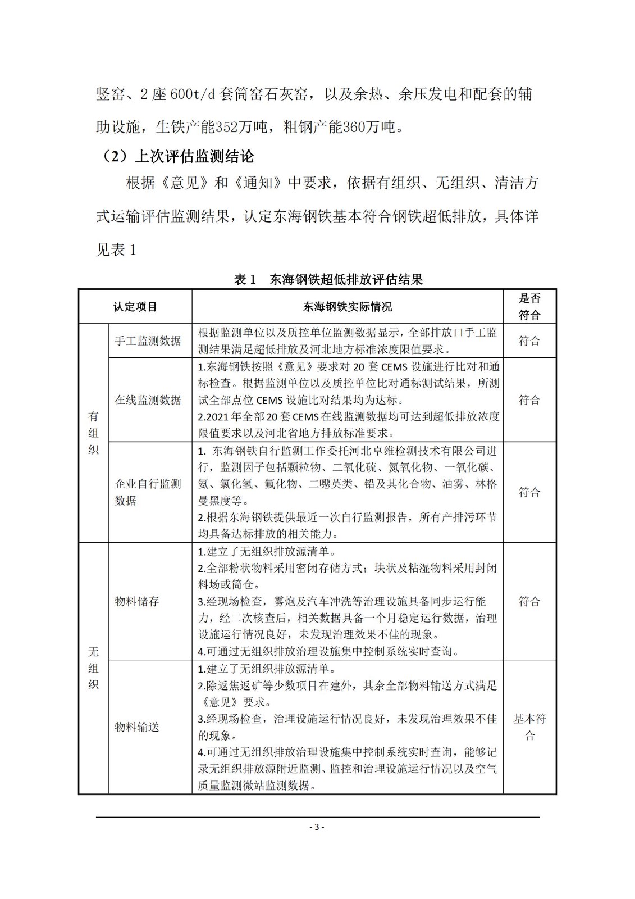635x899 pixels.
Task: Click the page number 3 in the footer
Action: point(317,827)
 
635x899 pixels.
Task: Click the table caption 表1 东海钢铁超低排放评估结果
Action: point(328,279)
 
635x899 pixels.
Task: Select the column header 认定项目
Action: point(135,307)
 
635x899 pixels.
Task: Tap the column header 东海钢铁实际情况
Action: point(348,307)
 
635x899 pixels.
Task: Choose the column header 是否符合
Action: point(529,307)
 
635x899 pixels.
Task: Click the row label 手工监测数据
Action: point(148,341)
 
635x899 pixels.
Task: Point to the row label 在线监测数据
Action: point(148,400)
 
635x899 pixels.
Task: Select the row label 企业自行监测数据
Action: point(148,492)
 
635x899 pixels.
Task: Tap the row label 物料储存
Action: point(137,601)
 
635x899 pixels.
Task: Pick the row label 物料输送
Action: point(137,727)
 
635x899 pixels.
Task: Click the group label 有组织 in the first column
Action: point(93,433)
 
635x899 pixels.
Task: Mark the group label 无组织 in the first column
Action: point(93,668)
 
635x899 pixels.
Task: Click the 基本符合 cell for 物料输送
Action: point(529,727)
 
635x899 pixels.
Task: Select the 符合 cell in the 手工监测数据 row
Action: point(529,341)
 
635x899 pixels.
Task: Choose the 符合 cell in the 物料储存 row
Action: point(529,601)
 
